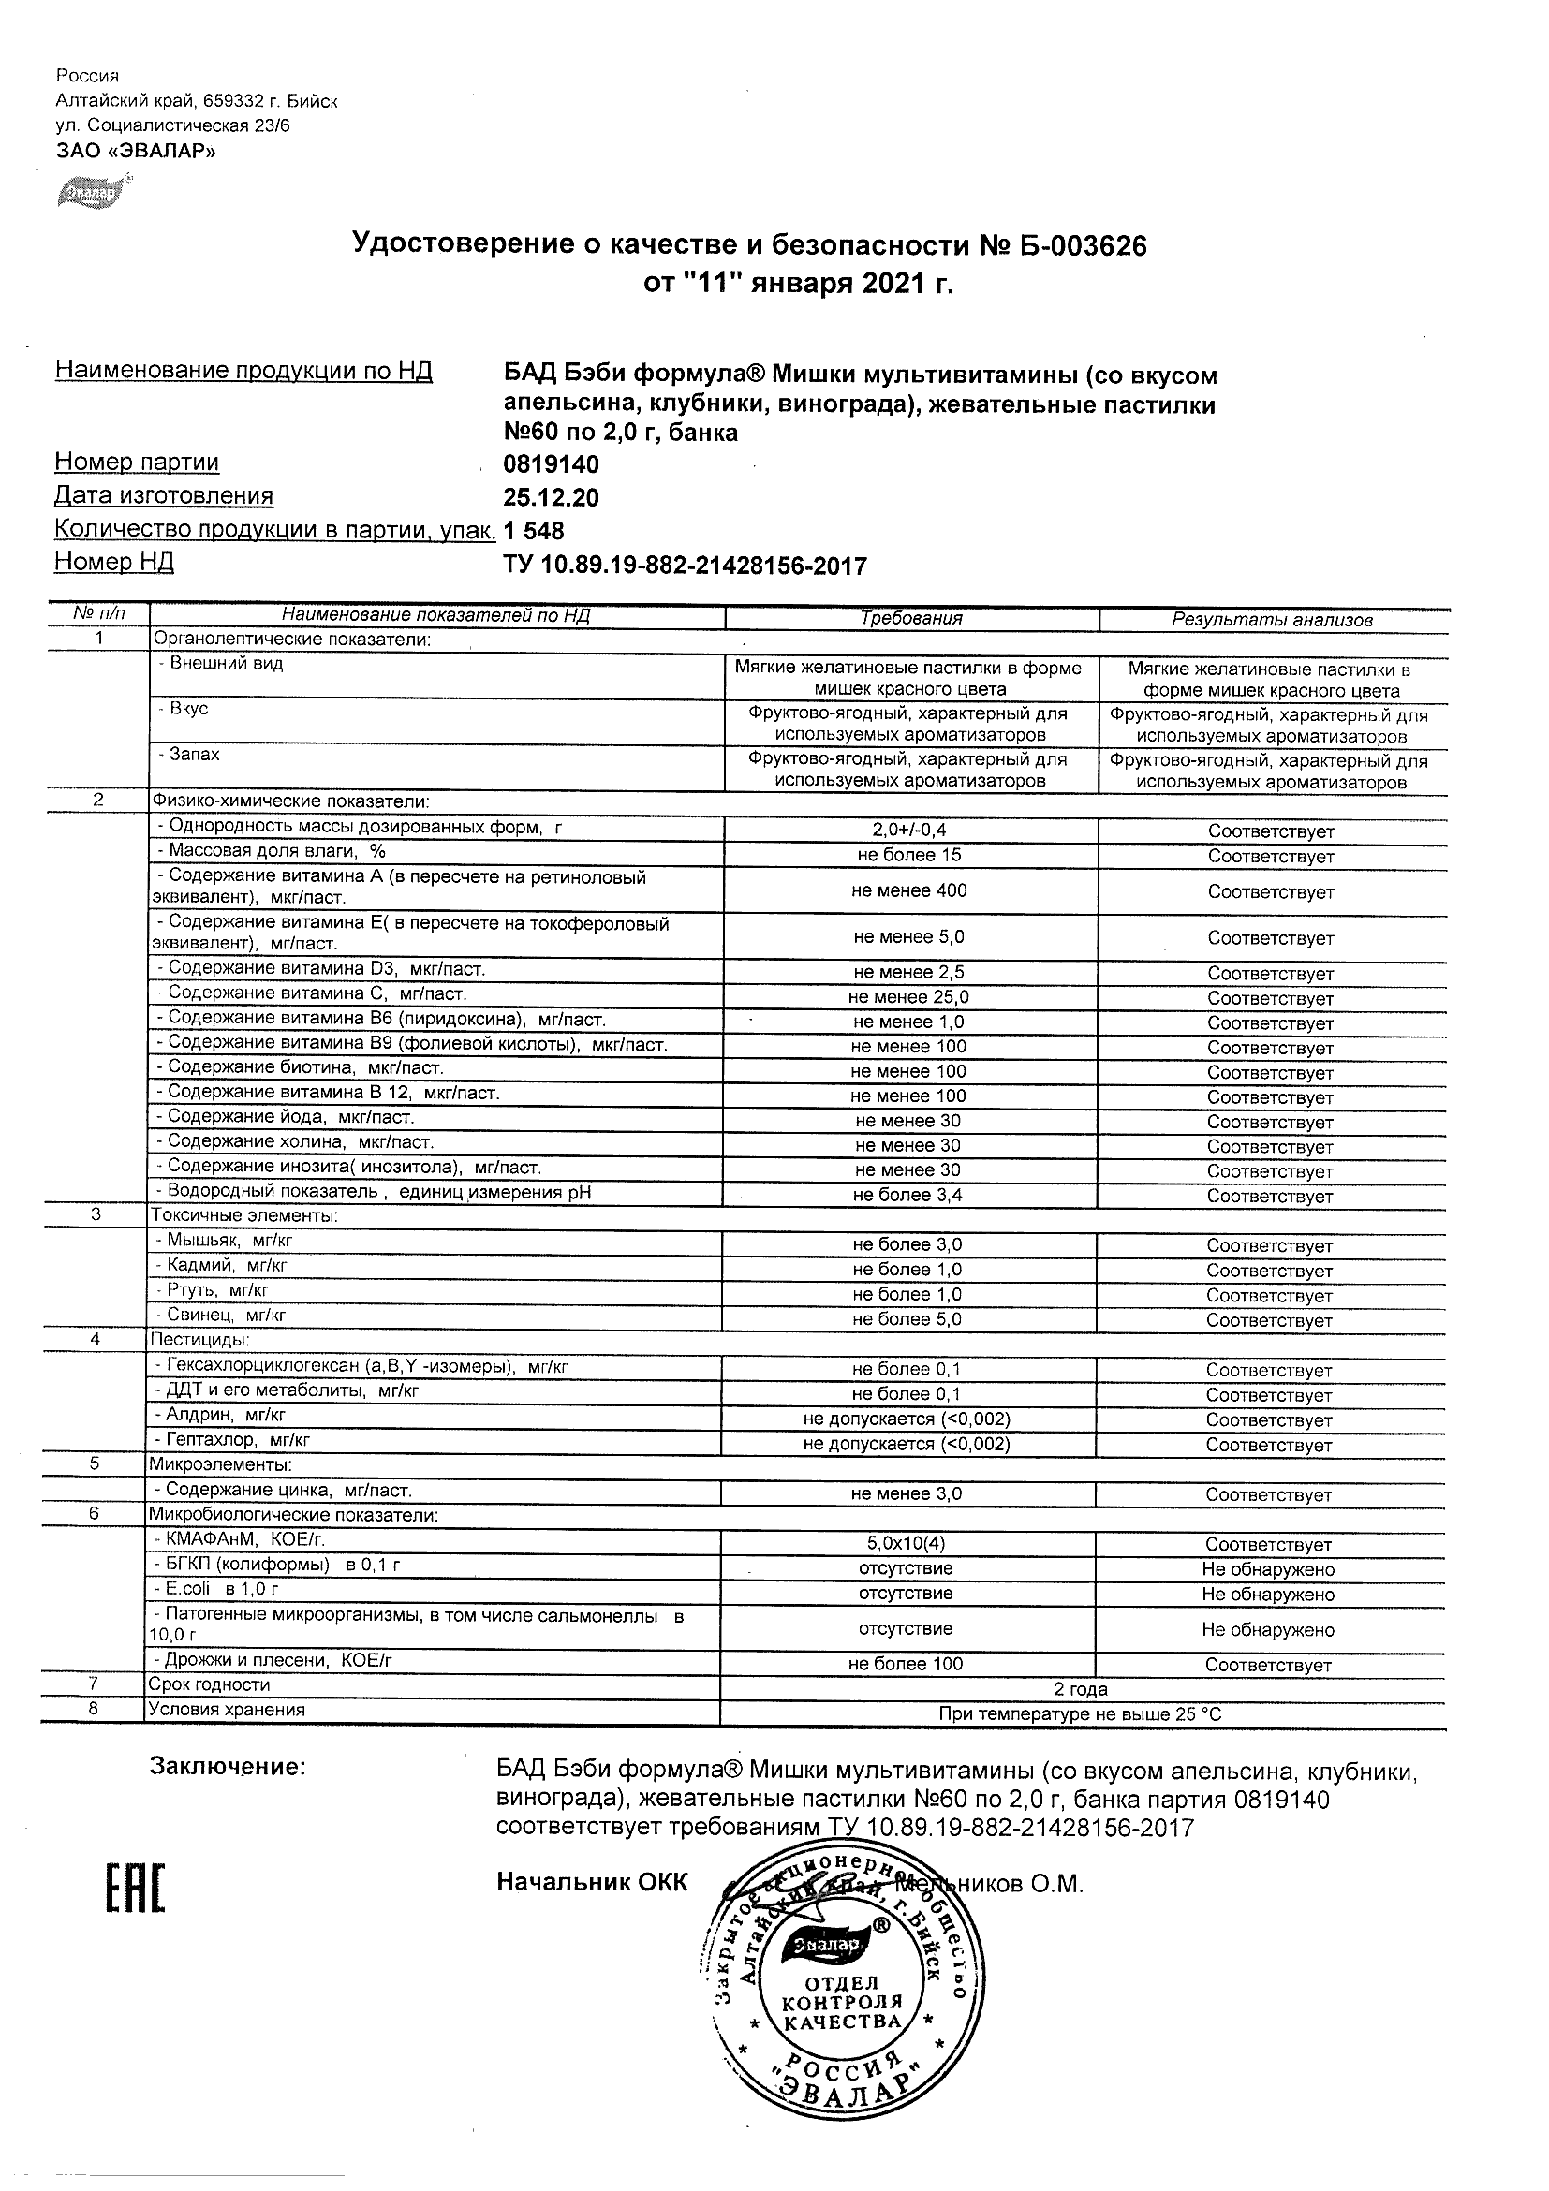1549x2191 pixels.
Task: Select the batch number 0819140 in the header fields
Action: click(551, 464)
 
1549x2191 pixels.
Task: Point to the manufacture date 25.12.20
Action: click(551, 498)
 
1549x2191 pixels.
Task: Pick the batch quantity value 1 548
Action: click(534, 531)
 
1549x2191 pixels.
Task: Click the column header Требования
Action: click(910, 618)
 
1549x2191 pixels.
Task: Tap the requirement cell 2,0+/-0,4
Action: click(908, 831)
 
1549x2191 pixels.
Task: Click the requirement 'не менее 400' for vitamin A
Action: click(908, 890)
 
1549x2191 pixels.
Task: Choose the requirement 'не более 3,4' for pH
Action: click(907, 1195)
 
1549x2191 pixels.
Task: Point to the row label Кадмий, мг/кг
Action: click(227, 1265)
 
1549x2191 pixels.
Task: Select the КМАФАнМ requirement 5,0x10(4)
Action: click(907, 1543)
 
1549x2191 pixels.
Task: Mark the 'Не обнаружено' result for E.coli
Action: click(1267, 1595)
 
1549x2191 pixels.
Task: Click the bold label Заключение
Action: click(229, 1766)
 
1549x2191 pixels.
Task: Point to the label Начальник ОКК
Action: click(592, 1882)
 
